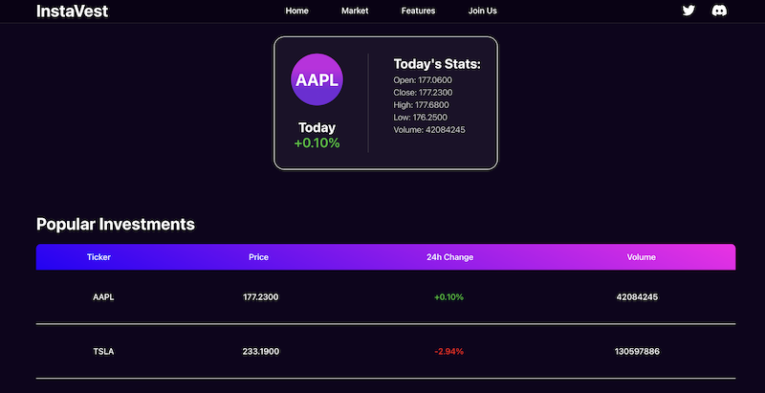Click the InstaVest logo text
(72, 11)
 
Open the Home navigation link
(296, 11)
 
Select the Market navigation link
(355, 11)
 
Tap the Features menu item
(418, 11)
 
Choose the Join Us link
(483, 11)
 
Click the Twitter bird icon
(688, 11)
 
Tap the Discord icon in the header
(719, 11)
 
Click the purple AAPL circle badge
(317, 80)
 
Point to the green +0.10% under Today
(317, 143)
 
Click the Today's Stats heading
(437, 64)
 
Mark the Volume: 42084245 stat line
(429, 130)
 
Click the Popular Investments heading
(115, 225)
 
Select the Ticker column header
(99, 257)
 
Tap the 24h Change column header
(449, 257)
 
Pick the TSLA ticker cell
(103, 352)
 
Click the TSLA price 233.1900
(261, 352)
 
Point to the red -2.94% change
(448, 352)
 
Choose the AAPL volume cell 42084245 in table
(638, 297)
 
